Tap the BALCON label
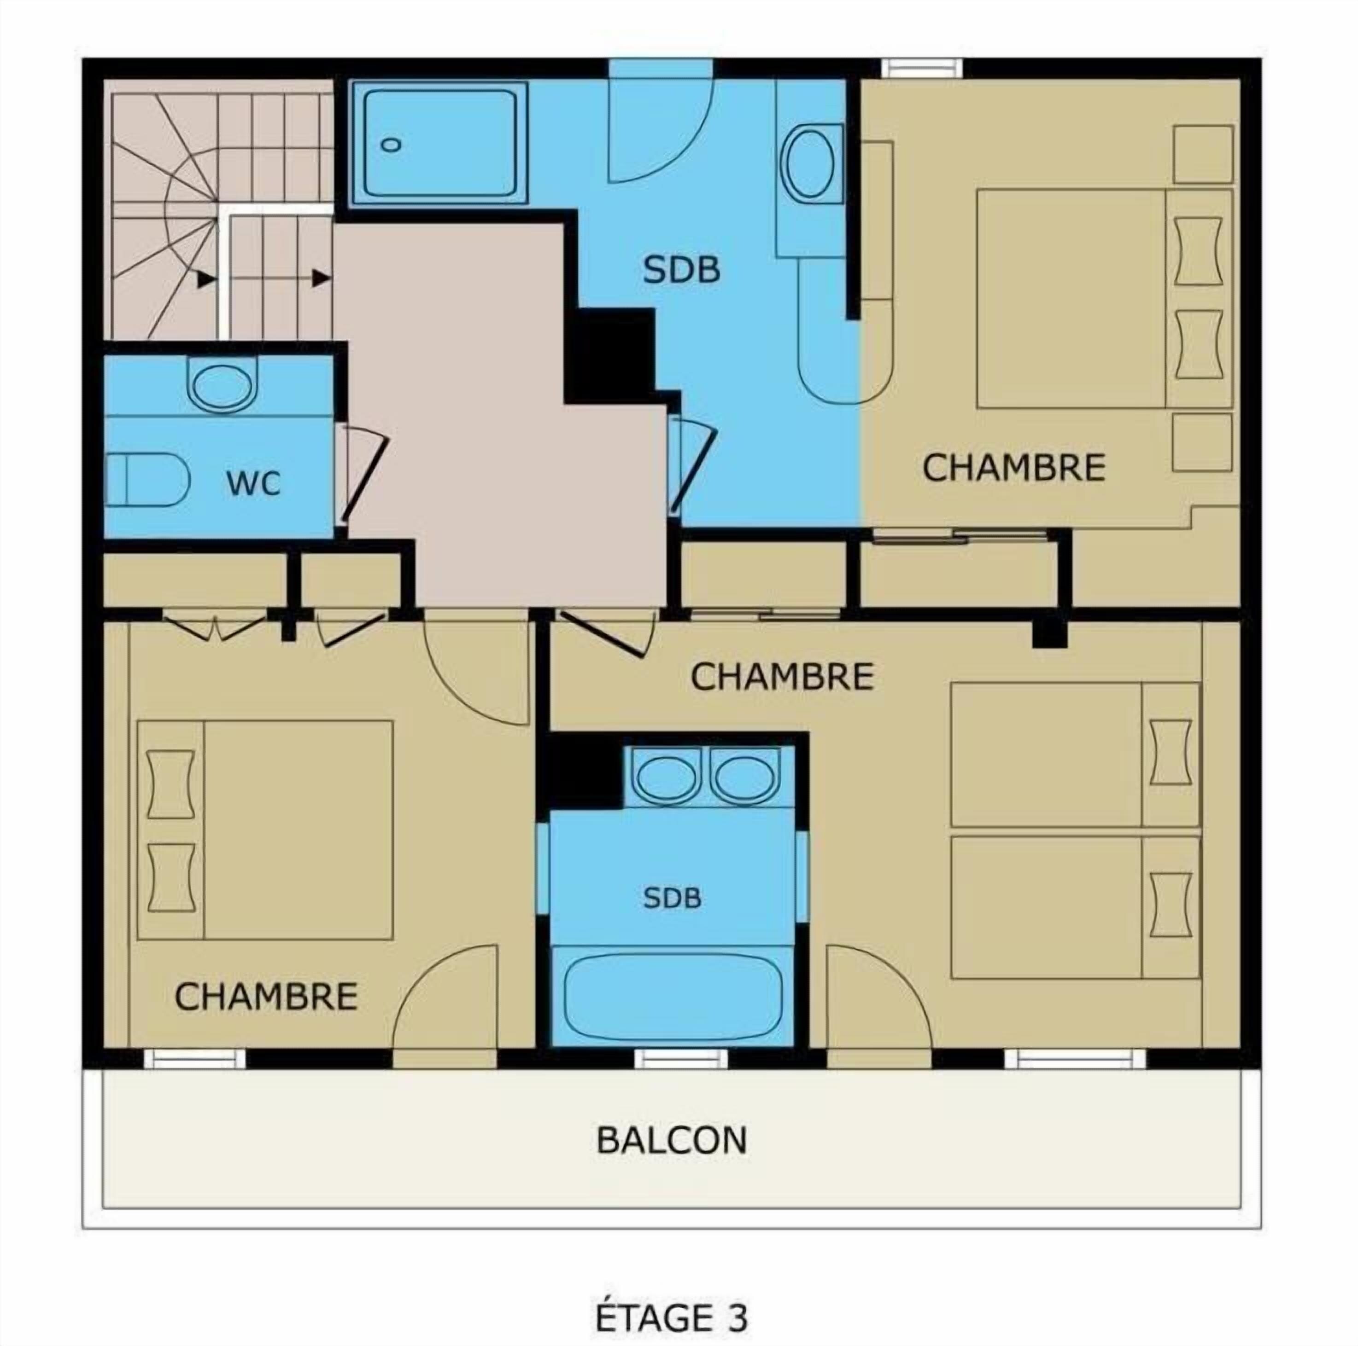click(671, 1140)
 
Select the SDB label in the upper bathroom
click(682, 270)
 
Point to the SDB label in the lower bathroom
click(672, 898)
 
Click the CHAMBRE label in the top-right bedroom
click(1013, 468)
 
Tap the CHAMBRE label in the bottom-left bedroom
click(266, 996)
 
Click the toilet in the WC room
click(147, 479)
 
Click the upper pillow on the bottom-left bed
click(171, 784)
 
